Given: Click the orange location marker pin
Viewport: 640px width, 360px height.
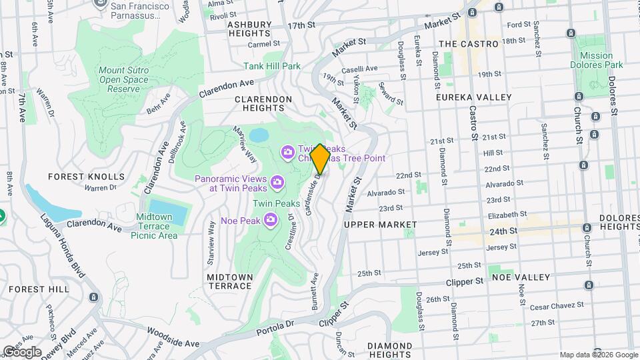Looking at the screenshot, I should tap(320, 159).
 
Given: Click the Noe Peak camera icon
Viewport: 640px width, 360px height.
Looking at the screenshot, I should tap(271, 219).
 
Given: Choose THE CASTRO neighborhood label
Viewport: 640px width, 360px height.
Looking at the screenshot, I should tap(469, 43).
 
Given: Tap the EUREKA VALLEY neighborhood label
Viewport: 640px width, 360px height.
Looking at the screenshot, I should tap(473, 97).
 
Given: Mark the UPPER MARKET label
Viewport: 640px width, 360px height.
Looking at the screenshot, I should tap(380, 225).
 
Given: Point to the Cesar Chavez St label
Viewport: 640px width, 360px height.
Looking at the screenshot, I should tap(557, 305).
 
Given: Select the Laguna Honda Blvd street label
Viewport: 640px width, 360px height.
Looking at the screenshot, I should tap(64, 247).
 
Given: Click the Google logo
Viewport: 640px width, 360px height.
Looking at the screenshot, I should tap(22, 351).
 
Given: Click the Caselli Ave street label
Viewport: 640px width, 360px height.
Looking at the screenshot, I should tap(359, 69).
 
